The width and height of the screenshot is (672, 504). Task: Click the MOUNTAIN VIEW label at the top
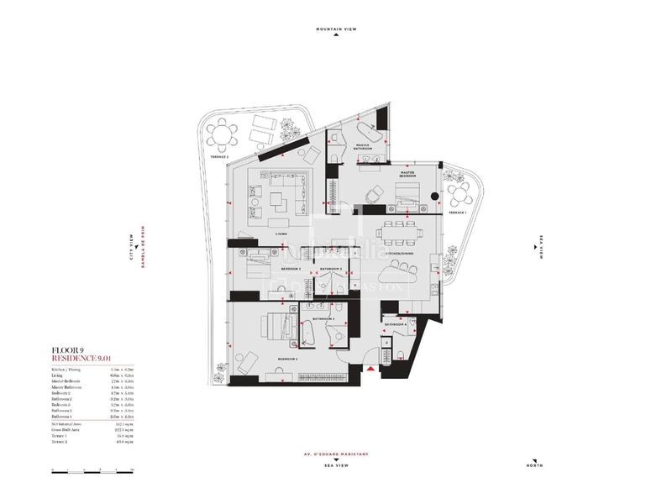tap(336, 29)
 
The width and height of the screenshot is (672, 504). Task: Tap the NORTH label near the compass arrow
tap(534, 466)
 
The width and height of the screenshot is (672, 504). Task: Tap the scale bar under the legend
tap(92, 473)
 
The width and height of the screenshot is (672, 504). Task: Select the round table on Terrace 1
tap(460, 198)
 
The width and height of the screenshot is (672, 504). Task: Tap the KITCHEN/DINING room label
tap(398, 253)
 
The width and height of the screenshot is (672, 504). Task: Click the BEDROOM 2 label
tap(289, 359)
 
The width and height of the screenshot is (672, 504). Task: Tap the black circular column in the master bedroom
tap(433, 197)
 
